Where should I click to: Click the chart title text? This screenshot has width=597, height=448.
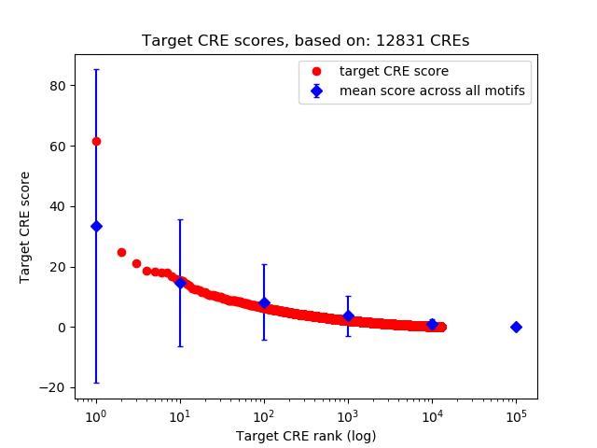(305, 41)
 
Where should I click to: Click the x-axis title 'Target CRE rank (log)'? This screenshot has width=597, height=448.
(306, 436)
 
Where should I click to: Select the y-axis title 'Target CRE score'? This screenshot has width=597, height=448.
(25, 227)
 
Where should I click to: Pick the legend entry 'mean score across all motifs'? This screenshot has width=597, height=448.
(432, 91)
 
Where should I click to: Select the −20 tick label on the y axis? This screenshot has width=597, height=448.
(54, 387)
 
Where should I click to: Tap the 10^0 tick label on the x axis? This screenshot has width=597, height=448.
(95, 414)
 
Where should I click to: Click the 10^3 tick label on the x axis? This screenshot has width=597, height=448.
(348, 414)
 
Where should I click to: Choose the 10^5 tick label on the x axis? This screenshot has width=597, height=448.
(516, 414)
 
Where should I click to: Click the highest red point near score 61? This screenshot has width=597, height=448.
(96, 141)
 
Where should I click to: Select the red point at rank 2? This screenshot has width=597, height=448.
(121, 252)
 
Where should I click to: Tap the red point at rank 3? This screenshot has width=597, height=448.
(136, 263)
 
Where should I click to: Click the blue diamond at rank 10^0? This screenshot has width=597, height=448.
(96, 226)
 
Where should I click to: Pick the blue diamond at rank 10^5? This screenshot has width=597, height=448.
(516, 327)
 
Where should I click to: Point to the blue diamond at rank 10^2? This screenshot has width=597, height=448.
(264, 302)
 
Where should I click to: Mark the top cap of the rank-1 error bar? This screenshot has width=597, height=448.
(96, 69)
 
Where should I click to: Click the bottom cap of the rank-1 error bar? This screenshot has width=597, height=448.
(96, 383)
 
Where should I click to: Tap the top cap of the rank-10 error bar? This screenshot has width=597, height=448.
(180, 219)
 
